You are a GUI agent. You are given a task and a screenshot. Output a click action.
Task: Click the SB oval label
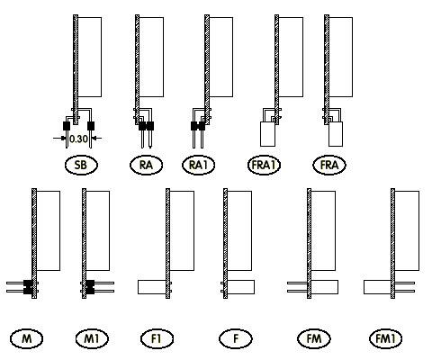[81, 165]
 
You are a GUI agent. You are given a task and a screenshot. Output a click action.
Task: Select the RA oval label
[146, 165]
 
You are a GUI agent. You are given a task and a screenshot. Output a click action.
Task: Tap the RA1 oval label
[199, 165]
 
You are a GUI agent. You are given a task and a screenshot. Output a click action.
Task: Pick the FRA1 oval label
[264, 165]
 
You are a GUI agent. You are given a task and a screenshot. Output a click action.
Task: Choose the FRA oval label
[329, 165]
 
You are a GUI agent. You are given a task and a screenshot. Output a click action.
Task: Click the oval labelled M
[26, 338]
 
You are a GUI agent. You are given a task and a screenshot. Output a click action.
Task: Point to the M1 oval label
[92, 338]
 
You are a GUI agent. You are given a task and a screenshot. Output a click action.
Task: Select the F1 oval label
[157, 338]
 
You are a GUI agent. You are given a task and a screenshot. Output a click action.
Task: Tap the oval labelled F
[236, 338]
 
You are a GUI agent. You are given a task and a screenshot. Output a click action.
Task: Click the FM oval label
[314, 338]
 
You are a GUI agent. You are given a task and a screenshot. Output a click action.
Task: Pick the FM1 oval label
[386, 338]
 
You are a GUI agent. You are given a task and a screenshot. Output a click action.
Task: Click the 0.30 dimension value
[78, 139]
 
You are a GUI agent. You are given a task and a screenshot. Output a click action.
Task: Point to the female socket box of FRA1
[267, 134]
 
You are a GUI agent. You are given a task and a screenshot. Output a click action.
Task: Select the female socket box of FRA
[336, 134]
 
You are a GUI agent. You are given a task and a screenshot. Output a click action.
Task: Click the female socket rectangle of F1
[152, 287]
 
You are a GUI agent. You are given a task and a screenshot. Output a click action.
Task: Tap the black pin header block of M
[28, 287]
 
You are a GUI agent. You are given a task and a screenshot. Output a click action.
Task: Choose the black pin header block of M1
[90, 287]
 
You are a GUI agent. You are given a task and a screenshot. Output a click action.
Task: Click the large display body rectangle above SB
[89, 57]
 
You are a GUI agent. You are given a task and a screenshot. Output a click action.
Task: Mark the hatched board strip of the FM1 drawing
[392, 244]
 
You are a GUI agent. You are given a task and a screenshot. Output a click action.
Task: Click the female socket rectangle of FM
[325, 287]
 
